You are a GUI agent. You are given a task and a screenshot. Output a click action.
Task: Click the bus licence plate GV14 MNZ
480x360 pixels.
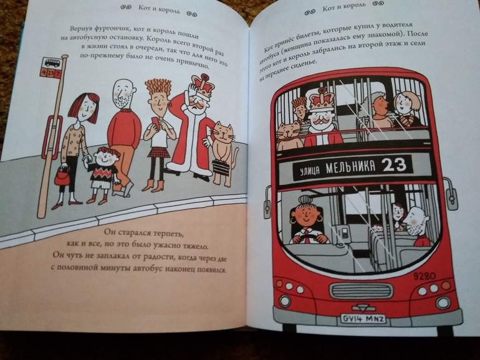click(x=363, y=320)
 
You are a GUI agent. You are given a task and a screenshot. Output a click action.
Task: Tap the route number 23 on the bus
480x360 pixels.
click(x=395, y=165)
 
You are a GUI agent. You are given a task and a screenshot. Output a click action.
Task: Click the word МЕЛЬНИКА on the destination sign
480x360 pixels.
click(x=350, y=168)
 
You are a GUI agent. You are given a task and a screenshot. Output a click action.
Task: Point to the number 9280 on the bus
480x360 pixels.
click(x=425, y=276)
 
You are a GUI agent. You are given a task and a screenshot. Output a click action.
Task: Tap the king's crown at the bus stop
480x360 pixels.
click(x=201, y=85)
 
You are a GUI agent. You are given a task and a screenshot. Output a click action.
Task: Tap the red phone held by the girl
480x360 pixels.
click(x=156, y=123)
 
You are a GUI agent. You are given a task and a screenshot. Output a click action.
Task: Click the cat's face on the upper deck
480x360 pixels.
click(x=289, y=131)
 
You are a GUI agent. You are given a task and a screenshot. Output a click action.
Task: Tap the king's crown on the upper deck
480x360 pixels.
click(x=322, y=100)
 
